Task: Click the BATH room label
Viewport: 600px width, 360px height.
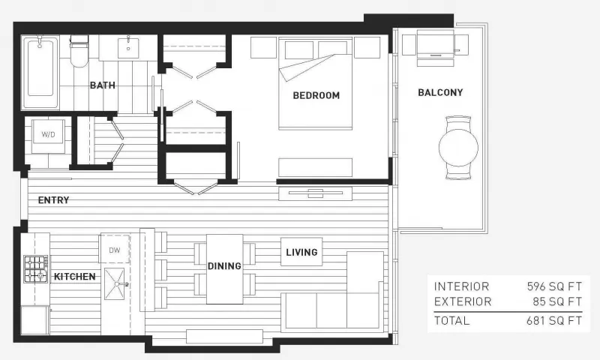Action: pos(103,85)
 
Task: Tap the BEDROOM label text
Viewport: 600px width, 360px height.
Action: pos(316,95)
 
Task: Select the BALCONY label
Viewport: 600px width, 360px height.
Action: pos(440,92)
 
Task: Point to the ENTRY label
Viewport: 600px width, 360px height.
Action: pos(53,199)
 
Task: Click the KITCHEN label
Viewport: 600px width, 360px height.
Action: pos(74,276)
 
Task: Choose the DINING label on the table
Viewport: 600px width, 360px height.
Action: pos(224,265)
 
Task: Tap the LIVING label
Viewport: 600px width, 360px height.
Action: pos(301,252)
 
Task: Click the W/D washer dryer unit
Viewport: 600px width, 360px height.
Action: pos(48,134)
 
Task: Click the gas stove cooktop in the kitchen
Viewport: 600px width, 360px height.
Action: pos(36,269)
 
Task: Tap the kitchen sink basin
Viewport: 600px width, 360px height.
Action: pos(115,283)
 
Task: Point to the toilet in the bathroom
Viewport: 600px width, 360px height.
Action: pos(79,51)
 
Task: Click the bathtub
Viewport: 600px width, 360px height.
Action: pos(40,72)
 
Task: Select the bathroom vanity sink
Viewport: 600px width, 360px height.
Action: pos(128,47)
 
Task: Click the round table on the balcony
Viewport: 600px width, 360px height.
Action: pos(458,148)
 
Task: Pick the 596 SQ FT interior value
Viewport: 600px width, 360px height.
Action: pos(554,286)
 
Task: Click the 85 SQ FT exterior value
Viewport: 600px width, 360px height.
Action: pos(557,301)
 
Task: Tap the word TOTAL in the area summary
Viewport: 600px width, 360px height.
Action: pos(451,320)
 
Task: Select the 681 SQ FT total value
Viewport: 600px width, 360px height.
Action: pos(554,320)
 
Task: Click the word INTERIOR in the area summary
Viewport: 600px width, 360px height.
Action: pos(461,286)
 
